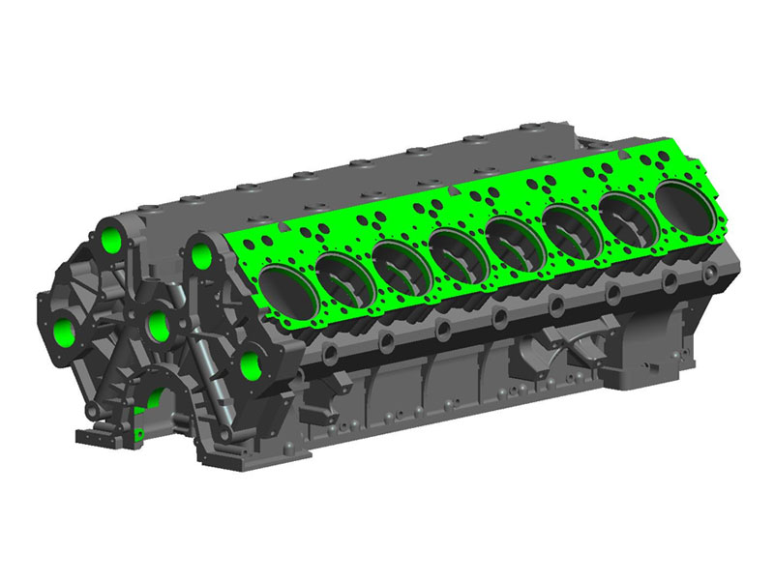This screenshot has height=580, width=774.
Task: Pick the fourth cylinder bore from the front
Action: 455,249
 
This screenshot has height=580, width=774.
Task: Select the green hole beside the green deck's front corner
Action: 202,256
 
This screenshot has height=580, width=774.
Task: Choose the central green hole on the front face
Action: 158,327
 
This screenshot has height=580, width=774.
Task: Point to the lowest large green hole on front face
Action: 250,365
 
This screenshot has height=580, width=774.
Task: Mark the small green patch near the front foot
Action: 139,421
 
